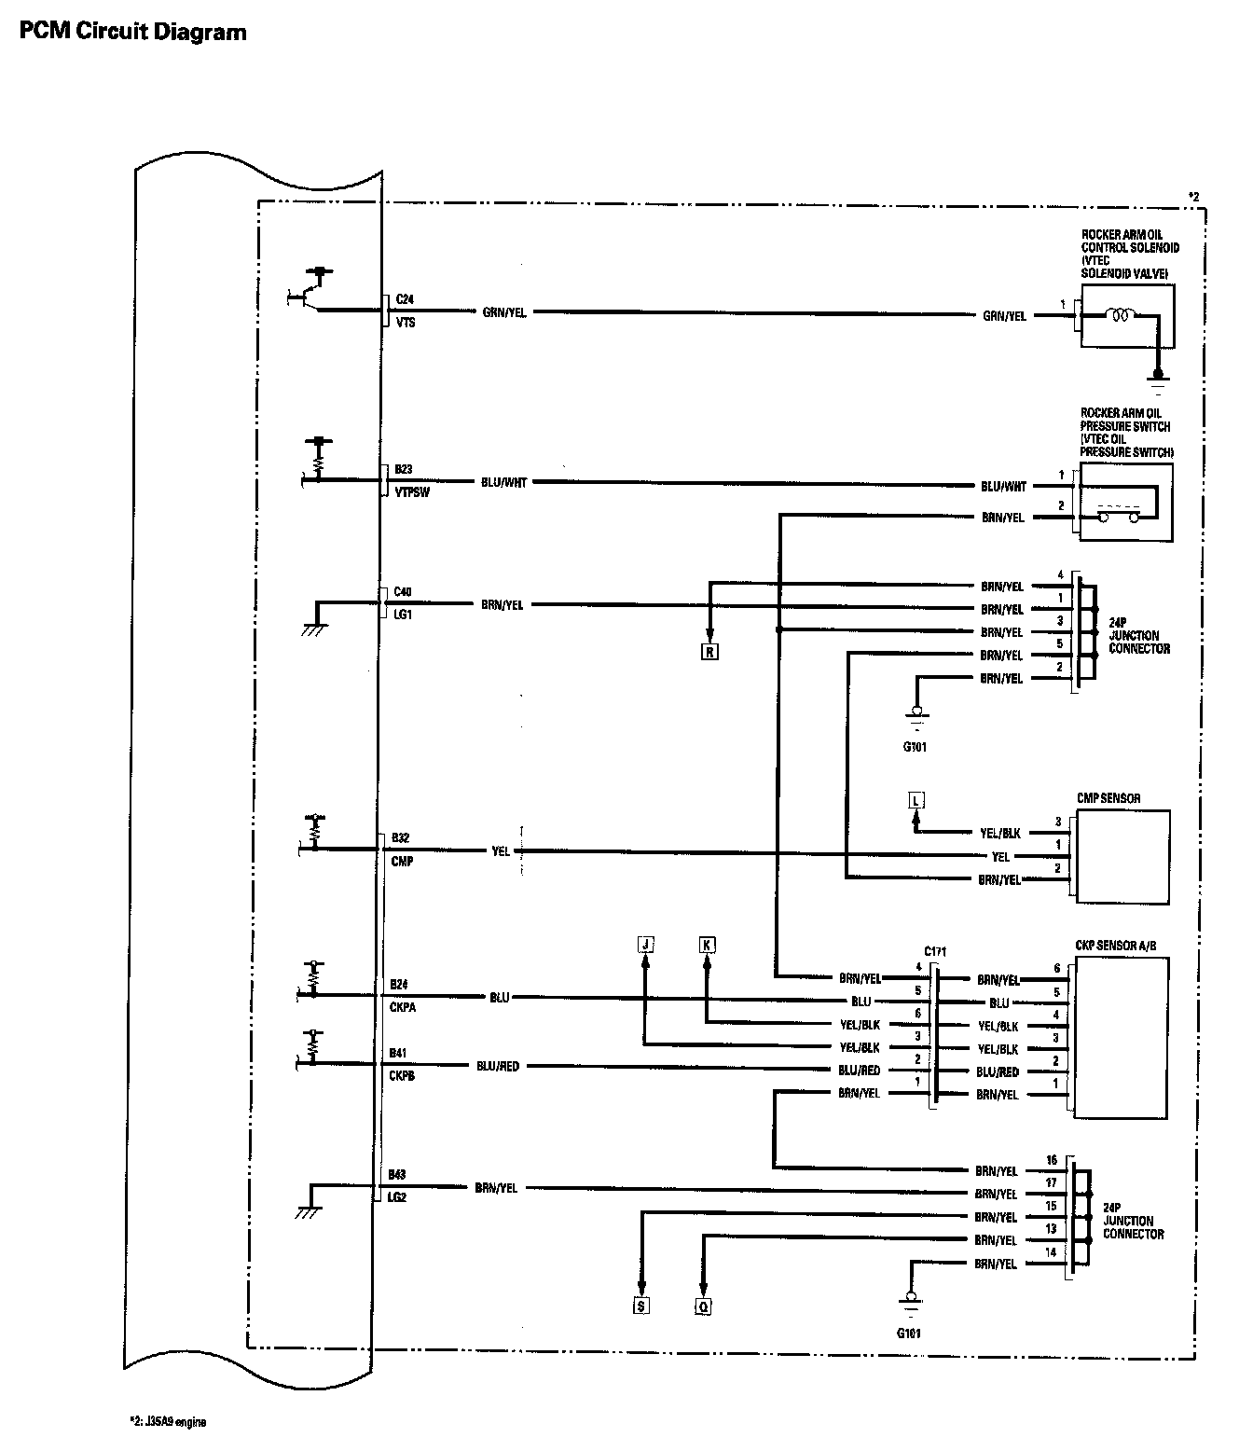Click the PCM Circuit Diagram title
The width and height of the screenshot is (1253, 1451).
tap(132, 32)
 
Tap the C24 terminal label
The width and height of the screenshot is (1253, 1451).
tap(405, 299)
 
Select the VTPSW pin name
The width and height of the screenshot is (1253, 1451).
tap(411, 492)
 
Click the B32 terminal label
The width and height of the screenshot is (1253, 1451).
tap(401, 838)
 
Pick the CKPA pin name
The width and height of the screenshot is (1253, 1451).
tap(403, 1007)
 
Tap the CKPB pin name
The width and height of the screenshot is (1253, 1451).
tap(403, 1075)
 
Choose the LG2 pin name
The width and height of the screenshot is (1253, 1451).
tap(399, 1197)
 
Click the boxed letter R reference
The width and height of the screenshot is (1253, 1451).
tap(709, 653)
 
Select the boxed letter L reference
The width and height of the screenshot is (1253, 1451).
tap(916, 800)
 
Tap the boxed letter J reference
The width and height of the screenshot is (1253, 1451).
tap(644, 945)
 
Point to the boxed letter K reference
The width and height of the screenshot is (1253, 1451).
tap(707, 945)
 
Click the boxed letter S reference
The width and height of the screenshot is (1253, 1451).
tap(640, 1306)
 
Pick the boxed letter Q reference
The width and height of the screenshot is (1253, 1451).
tap(703, 1306)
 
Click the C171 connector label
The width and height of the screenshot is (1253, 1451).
tap(935, 952)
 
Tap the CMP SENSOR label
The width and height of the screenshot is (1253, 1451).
tap(1108, 798)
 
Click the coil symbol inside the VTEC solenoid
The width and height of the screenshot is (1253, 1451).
tap(1119, 316)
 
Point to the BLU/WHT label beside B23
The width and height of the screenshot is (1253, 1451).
tap(503, 483)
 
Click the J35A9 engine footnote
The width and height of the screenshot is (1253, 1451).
tap(168, 1423)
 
